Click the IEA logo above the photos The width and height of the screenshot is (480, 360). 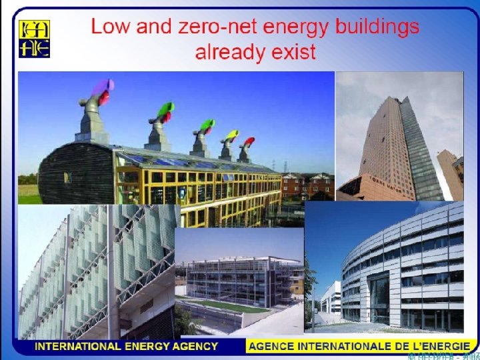tap(34, 39)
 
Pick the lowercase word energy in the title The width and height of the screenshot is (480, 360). tap(297, 29)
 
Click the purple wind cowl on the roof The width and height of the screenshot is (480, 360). tap(103, 89)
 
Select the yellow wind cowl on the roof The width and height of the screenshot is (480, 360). tap(231, 136)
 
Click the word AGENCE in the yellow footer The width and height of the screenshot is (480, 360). tap(273, 347)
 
